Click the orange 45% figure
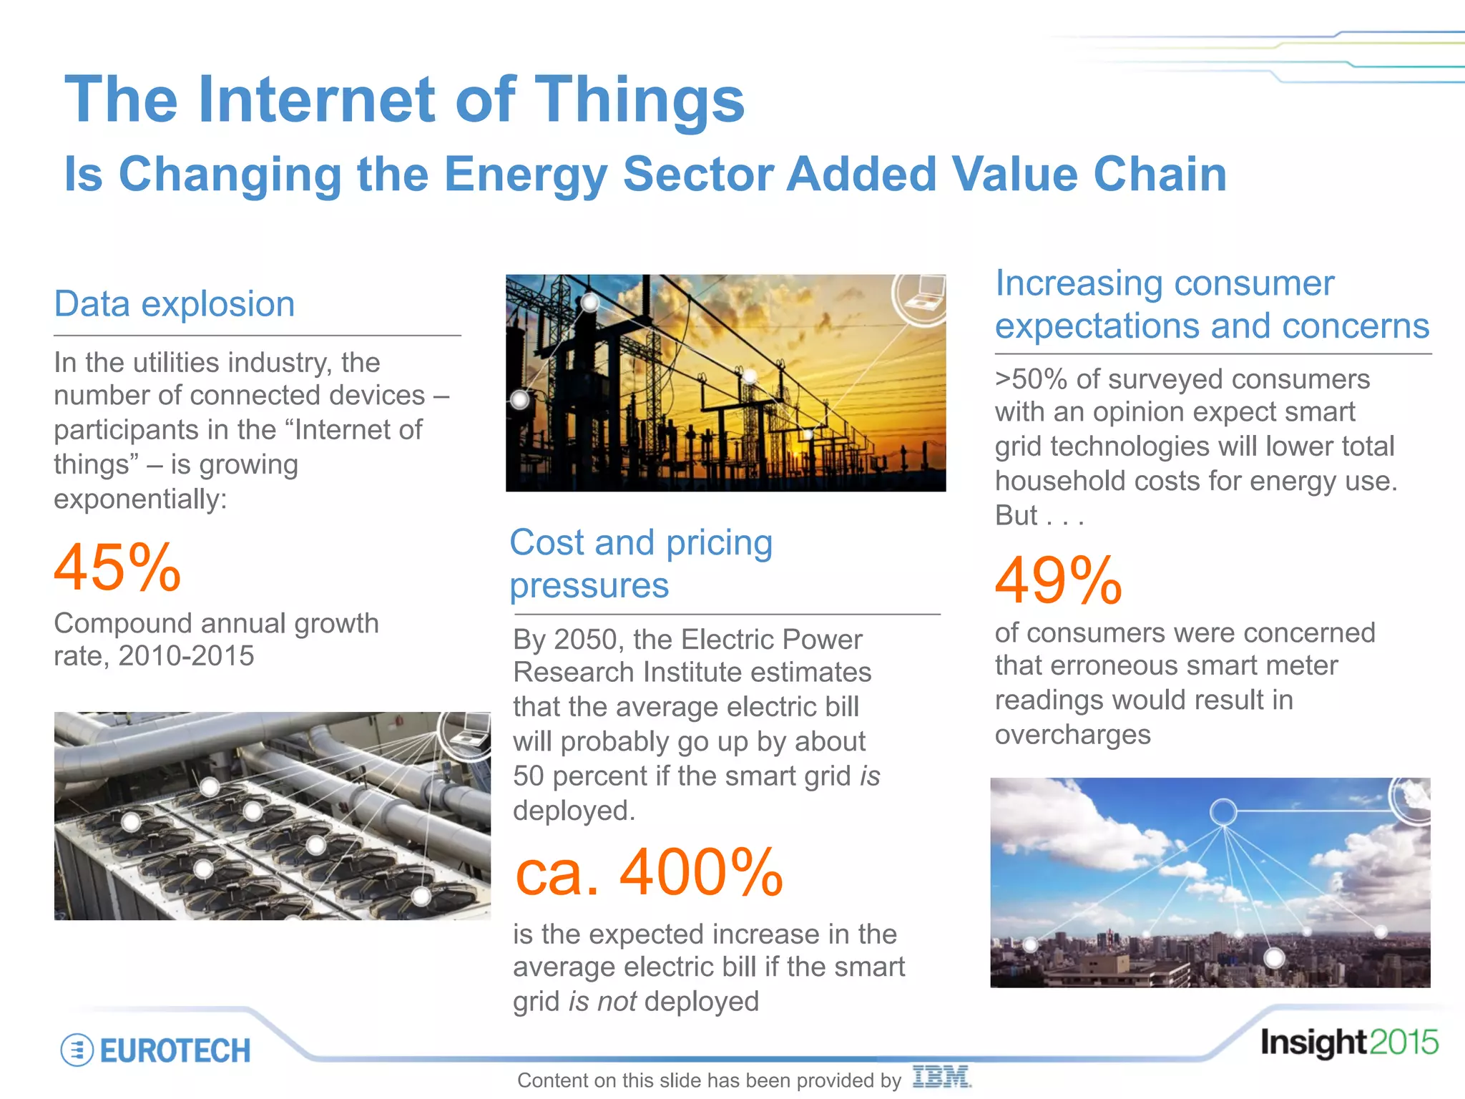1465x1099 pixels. (x=118, y=567)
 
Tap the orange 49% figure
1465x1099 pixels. (x=1058, y=580)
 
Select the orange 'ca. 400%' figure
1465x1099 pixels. (x=649, y=872)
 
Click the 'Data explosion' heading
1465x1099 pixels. (x=175, y=304)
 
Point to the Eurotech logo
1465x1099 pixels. (x=156, y=1050)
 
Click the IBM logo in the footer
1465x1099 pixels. (x=941, y=1077)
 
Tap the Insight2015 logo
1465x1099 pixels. (x=1348, y=1042)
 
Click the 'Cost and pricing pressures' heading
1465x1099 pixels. (x=641, y=564)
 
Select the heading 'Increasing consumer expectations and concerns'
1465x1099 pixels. (x=1212, y=305)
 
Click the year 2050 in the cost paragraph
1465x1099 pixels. (x=586, y=640)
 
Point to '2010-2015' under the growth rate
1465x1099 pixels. (x=186, y=656)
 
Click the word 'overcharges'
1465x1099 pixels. (x=1072, y=735)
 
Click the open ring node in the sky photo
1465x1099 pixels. (x=1223, y=812)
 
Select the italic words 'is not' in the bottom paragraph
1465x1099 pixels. (x=602, y=1002)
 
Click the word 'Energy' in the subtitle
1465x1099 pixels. (x=526, y=175)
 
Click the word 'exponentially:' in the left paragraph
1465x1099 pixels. (x=140, y=499)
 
